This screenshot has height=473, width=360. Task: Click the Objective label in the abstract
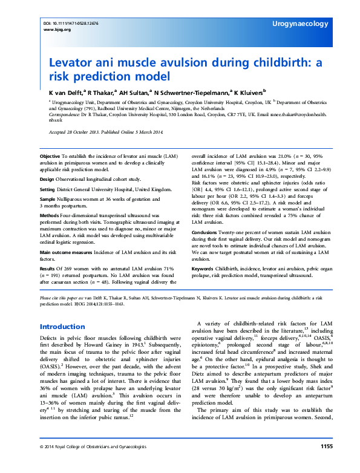(51, 156)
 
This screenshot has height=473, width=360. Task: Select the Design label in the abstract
(48, 179)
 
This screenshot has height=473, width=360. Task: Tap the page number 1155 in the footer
(326, 463)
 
